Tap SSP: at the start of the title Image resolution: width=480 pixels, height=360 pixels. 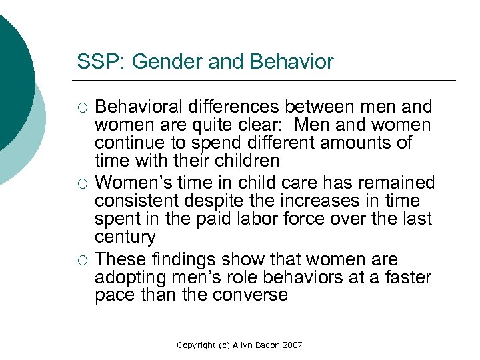point(98,63)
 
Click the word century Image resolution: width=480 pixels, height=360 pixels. point(125,237)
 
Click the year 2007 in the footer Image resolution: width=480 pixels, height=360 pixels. point(292,345)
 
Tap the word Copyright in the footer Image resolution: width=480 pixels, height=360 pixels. point(195,345)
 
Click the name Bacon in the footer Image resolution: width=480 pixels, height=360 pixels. point(266,345)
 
